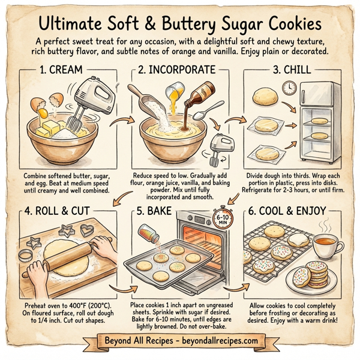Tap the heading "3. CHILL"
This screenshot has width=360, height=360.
(x=291, y=70)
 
